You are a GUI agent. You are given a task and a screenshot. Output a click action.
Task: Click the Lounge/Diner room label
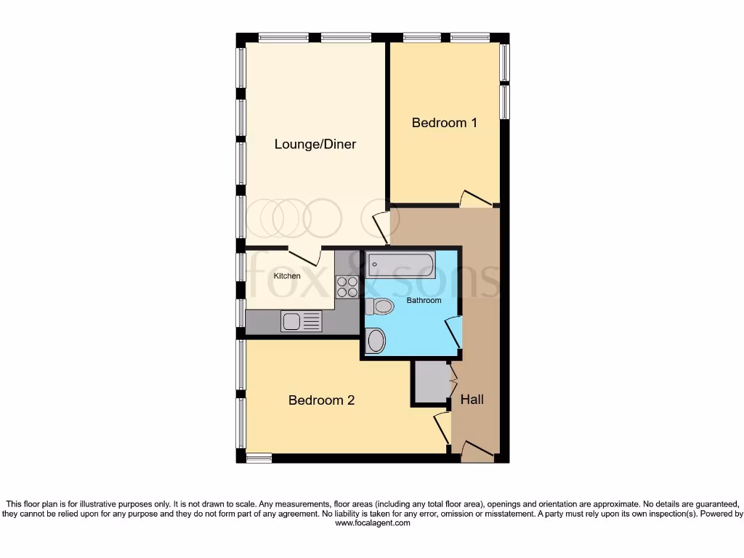315,144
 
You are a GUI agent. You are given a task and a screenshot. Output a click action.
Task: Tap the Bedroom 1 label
444,123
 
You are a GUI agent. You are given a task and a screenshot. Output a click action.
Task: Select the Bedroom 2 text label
321,400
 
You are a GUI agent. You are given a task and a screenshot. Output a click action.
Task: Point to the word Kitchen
286,276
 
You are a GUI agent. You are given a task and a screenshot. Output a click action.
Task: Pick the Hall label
472,400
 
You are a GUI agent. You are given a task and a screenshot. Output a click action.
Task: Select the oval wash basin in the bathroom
376,341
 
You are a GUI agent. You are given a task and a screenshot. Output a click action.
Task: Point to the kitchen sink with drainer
302,320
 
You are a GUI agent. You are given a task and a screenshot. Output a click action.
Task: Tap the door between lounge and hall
381,228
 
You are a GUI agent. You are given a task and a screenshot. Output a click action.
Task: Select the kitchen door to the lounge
306,256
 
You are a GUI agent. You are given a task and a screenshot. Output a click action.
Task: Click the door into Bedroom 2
442,428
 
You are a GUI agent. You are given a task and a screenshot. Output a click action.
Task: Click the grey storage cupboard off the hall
432,381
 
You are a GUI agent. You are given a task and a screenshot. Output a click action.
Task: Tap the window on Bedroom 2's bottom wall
258,458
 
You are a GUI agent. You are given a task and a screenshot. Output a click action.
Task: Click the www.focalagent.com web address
372,522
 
